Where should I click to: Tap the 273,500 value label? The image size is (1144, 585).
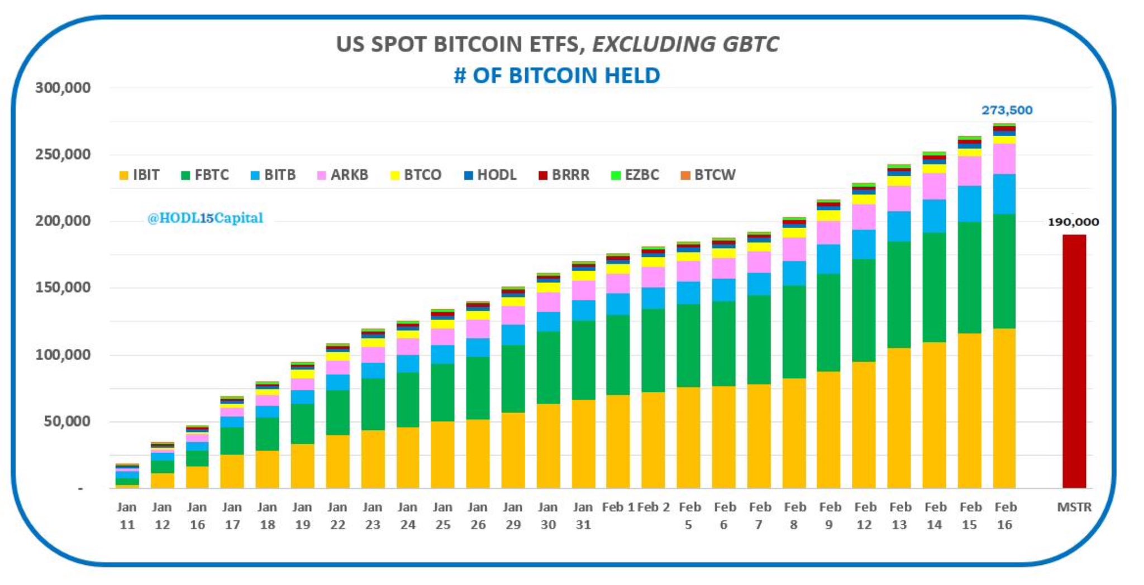1007,111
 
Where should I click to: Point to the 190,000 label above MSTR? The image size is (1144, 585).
1072,222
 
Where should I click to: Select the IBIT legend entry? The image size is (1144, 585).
139,175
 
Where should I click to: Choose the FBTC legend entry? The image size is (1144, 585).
205,175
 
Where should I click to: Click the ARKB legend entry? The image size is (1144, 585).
342,175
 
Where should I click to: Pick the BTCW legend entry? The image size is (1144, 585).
708,175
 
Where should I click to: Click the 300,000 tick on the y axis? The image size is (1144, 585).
63,88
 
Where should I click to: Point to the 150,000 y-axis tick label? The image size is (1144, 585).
63,288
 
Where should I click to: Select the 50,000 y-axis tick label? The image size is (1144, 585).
67,421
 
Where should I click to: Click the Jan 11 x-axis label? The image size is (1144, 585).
127,516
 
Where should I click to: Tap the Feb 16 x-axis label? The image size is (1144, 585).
1005,516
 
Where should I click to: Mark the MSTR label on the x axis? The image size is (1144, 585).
1074,507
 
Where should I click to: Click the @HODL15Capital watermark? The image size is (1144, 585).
205,218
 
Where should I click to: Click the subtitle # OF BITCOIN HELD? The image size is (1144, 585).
556,75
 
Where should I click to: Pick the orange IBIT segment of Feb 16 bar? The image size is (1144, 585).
1004,407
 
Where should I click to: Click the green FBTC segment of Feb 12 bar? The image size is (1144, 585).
864,310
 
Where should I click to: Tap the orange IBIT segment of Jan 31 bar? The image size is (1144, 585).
583,444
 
